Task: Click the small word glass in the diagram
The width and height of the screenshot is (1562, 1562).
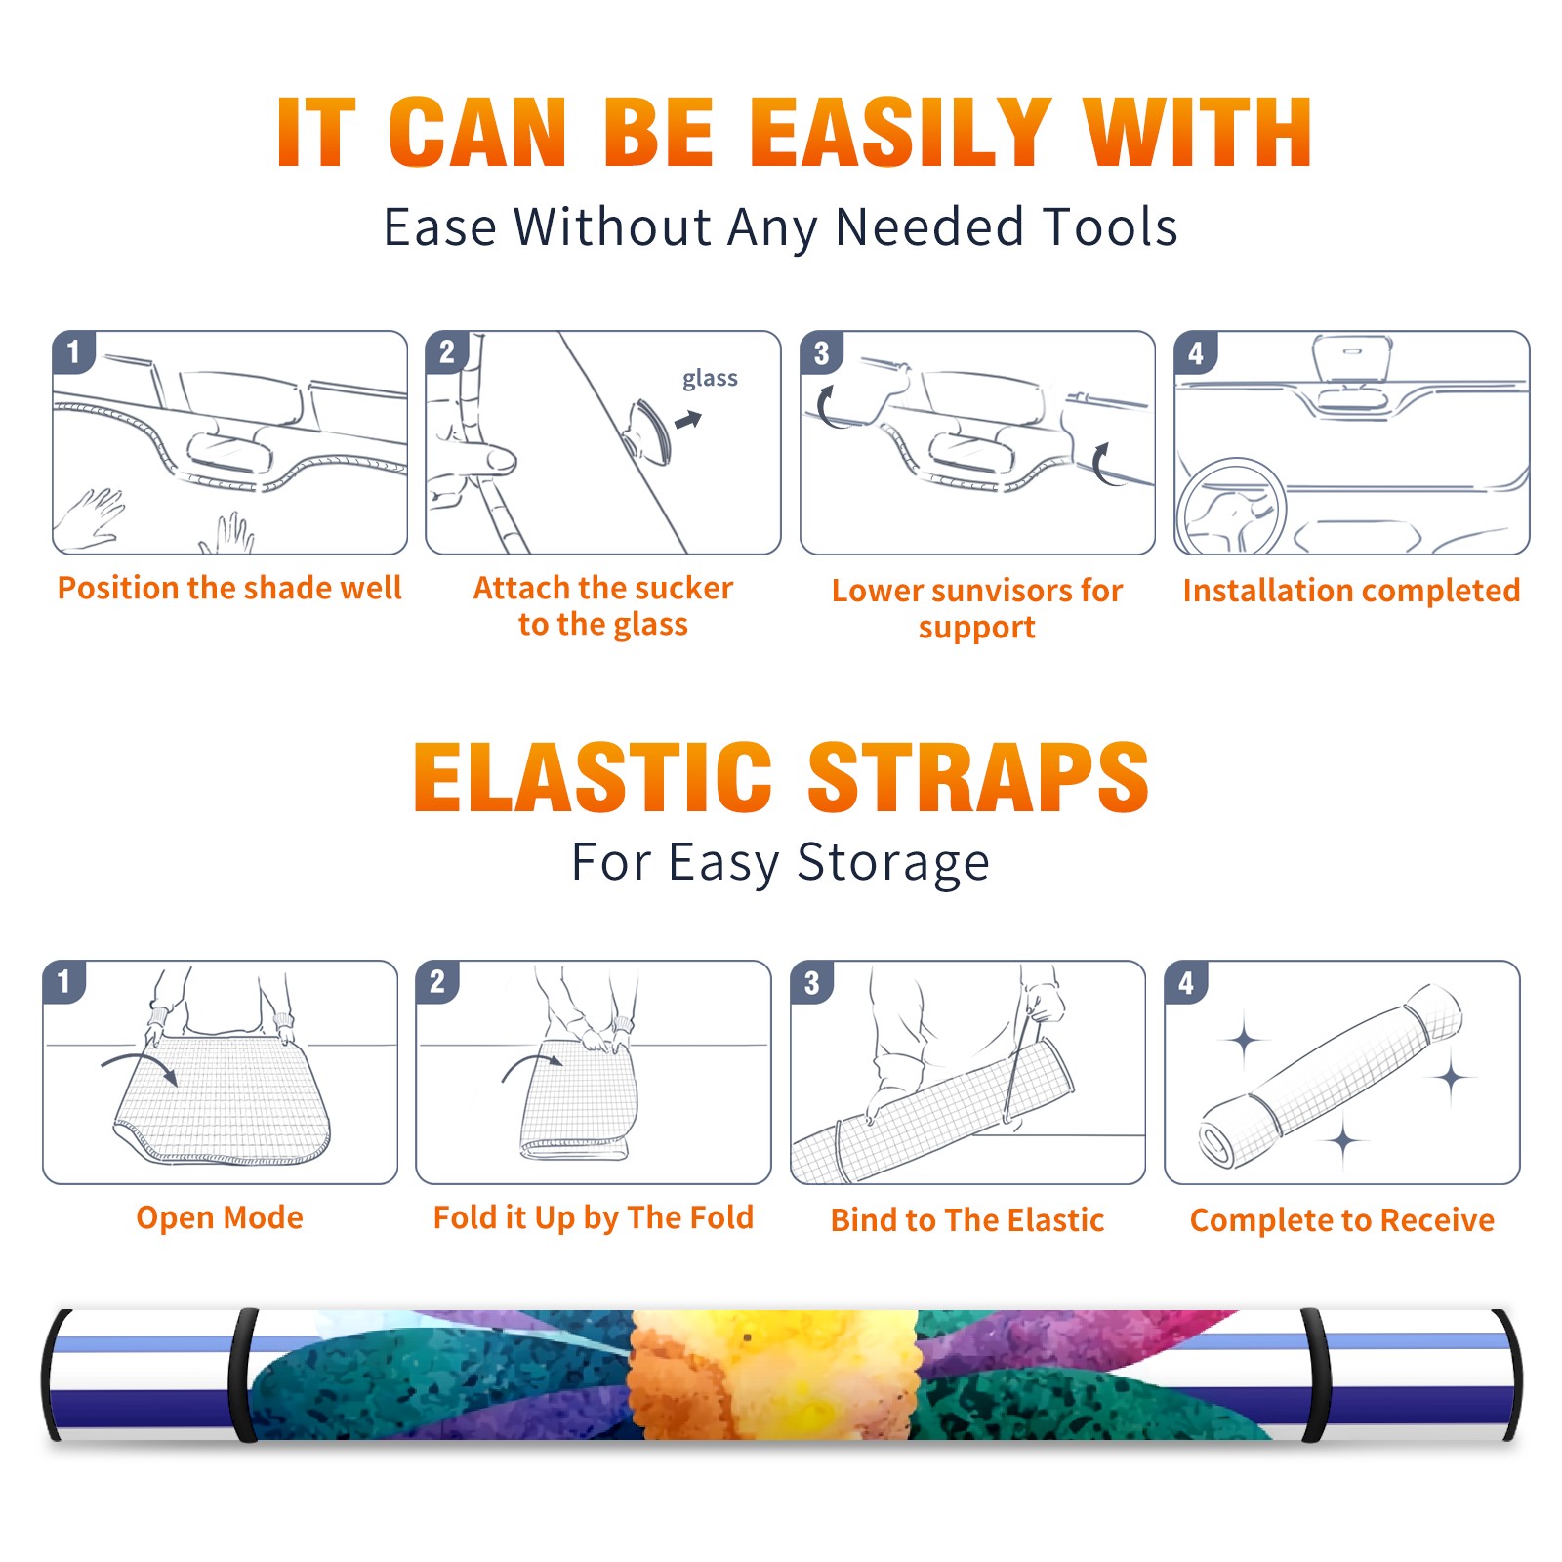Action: (710, 379)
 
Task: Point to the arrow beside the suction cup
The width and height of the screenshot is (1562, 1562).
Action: (688, 420)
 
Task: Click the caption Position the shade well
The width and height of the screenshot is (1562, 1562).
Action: (229, 588)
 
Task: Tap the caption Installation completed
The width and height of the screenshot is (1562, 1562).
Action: (1351, 591)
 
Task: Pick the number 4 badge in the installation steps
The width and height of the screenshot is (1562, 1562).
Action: (1196, 352)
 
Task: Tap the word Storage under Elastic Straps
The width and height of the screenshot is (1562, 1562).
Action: (893, 863)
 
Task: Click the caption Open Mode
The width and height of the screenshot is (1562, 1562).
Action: (220, 1217)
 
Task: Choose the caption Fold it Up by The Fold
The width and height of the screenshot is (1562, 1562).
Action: (594, 1217)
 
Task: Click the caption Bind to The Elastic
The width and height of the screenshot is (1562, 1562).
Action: (967, 1220)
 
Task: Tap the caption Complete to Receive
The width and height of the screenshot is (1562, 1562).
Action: (1342, 1220)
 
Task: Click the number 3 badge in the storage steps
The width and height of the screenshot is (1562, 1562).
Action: (812, 982)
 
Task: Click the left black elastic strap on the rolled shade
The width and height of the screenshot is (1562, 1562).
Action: (244, 1375)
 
